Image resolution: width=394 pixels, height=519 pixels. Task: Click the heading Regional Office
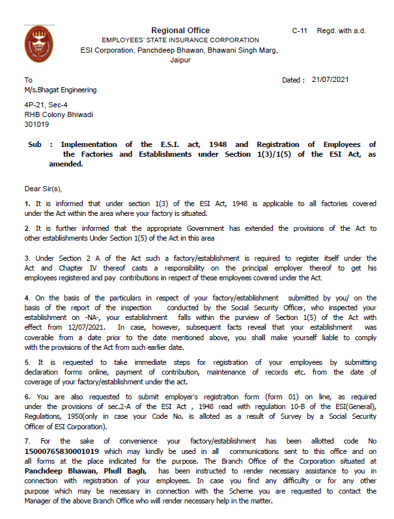180,31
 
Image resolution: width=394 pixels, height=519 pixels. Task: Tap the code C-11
300,31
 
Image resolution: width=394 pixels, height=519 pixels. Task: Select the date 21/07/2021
330,80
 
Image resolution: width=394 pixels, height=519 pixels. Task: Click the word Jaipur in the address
180,60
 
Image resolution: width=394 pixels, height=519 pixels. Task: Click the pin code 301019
36,124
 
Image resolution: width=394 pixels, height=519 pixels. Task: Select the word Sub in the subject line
35,144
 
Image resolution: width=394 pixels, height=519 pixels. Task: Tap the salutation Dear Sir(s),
43,189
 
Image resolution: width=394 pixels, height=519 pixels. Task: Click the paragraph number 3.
27,259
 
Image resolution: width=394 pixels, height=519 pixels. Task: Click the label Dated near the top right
292,80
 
